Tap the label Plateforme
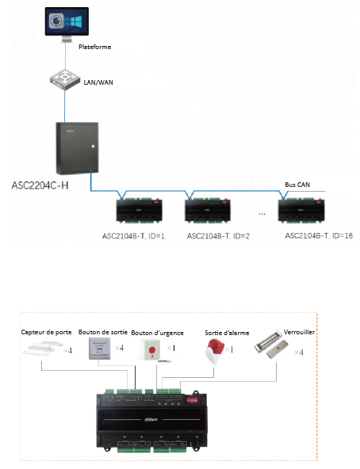[x=94, y=48]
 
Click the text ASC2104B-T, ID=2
[x=218, y=236]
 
